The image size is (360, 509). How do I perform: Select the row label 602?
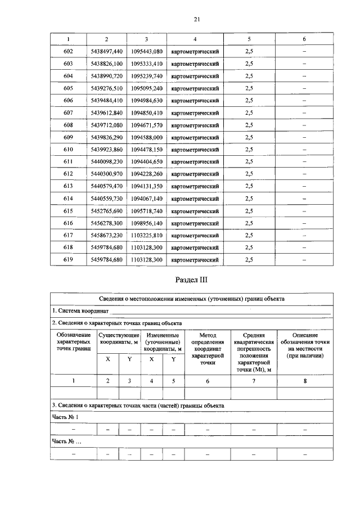pyautogui.click(x=69, y=51)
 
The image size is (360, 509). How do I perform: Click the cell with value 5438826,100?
pyautogui.click(x=106, y=64)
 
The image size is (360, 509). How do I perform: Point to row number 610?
pyautogui.click(x=69, y=150)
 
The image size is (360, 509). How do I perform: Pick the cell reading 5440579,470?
pyautogui.click(x=106, y=186)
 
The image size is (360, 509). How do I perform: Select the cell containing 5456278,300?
pyautogui.click(x=106, y=223)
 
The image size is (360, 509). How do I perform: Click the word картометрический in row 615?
pyautogui.click(x=195, y=211)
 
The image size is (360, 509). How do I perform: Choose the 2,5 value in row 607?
pyautogui.click(x=249, y=112)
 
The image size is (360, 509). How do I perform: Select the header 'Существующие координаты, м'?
pyautogui.click(x=119, y=339)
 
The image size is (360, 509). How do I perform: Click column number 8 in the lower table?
pyautogui.click(x=305, y=381)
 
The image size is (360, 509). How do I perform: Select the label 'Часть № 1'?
pyautogui.click(x=65, y=417)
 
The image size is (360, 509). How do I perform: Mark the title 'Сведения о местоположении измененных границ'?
pyautogui.click(x=196, y=299)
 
